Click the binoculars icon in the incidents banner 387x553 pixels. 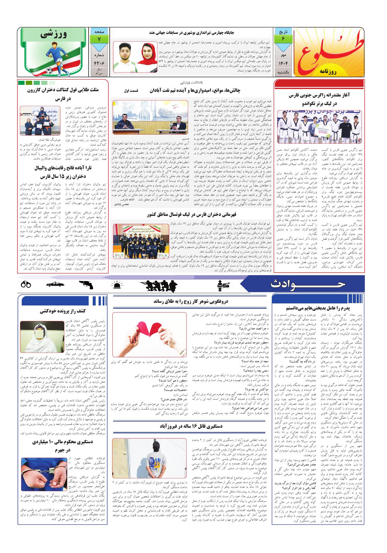[26, 284]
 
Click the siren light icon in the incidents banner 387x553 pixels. [118, 284]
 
